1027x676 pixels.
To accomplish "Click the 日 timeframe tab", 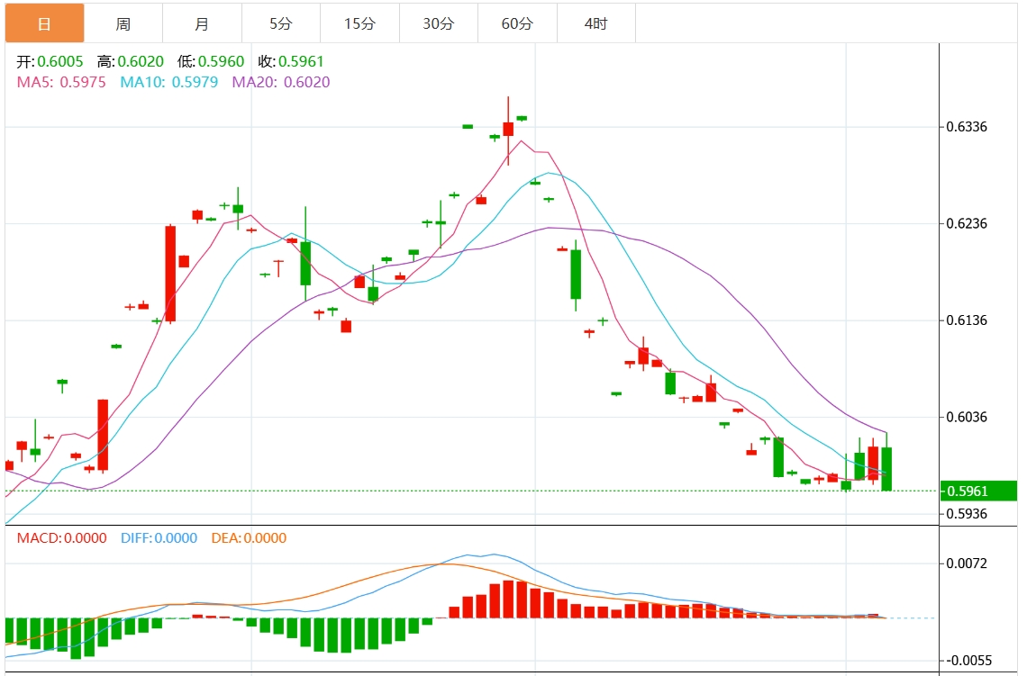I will click(x=44, y=23).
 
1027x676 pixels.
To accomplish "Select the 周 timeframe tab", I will click(x=123, y=23).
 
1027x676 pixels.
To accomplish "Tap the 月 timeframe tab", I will click(x=202, y=23).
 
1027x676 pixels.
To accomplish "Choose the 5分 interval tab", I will click(x=281, y=23).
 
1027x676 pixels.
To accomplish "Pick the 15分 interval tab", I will click(x=359, y=23).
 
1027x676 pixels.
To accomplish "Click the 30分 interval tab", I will click(x=439, y=23).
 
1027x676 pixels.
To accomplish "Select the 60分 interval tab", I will click(x=517, y=23).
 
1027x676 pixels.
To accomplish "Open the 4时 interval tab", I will click(x=595, y=23).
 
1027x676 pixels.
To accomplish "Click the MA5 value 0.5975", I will click(x=83, y=82).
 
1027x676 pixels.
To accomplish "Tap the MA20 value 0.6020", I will click(x=306, y=82).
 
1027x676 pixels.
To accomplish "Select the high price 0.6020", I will click(x=141, y=62).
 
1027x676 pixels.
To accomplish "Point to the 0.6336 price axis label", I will click(x=966, y=127).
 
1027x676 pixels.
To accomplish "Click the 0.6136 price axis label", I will click(x=966, y=320).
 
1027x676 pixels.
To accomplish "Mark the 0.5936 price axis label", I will click(x=966, y=514).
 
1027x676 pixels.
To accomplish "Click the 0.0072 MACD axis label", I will click(x=966, y=563).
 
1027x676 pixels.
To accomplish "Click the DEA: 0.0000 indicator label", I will click(x=249, y=538).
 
